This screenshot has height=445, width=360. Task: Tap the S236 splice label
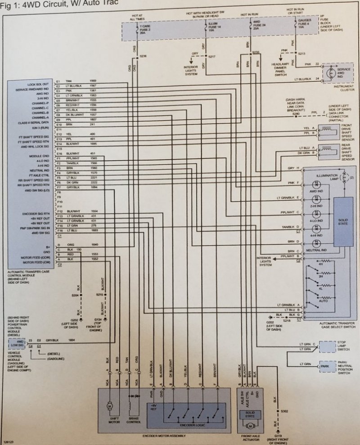pos(143,56)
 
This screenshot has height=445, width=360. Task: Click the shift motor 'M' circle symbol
pos(108,406)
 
